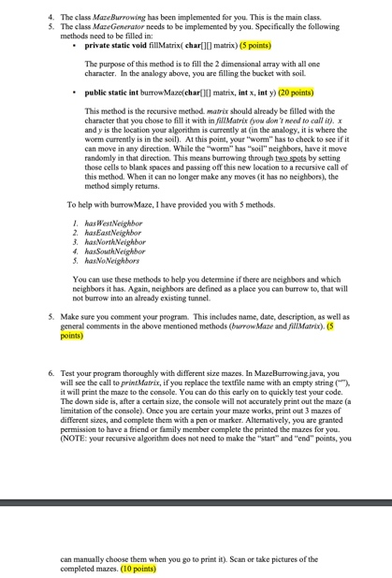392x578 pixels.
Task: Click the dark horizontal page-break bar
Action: [196, 503]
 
